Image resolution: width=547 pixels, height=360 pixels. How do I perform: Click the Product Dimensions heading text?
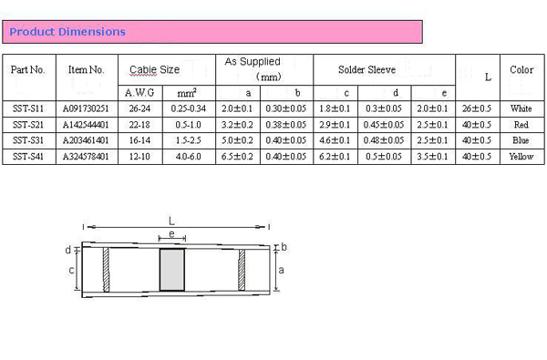pyautogui.click(x=67, y=32)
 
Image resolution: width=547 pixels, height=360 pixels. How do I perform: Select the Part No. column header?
pyautogui.click(x=28, y=70)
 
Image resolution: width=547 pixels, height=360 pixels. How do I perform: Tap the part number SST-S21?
pyautogui.click(x=28, y=125)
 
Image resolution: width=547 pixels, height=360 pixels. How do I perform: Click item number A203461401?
pyautogui.click(x=86, y=140)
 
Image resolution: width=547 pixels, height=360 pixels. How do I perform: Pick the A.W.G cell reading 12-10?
pyautogui.click(x=139, y=156)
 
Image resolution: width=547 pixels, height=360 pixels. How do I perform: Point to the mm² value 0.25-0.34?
pyautogui.click(x=189, y=108)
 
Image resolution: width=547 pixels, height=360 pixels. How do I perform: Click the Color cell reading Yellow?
pyautogui.click(x=521, y=156)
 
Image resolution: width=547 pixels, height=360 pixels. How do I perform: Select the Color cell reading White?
pyautogui.click(x=521, y=108)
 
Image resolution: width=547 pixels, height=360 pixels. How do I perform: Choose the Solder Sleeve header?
pyautogui.click(x=367, y=70)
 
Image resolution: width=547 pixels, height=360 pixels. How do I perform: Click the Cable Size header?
pyautogui.click(x=155, y=70)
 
